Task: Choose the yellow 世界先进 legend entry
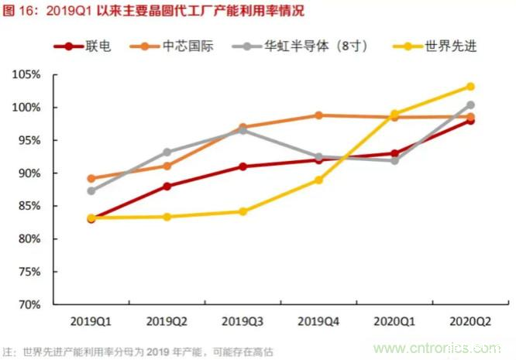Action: tap(449, 46)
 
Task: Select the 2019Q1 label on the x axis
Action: tap(91, 321)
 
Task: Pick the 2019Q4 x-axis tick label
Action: tap(318, 321)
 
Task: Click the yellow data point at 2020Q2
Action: tap(470, 87)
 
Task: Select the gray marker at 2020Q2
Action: tap(470, 105)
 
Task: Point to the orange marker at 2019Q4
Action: tap(318, 115)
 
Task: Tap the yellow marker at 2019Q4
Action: tap(318, 180)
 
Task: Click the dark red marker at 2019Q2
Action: tap(167, 186)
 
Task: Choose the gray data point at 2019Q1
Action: tap(91, 190)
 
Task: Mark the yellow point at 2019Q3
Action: tap(243, 211)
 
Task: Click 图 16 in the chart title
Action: tap(19, 10)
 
